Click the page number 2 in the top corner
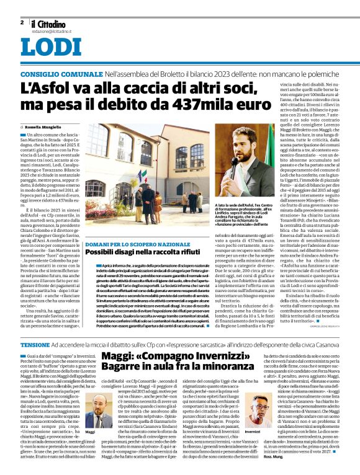(22, 22)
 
